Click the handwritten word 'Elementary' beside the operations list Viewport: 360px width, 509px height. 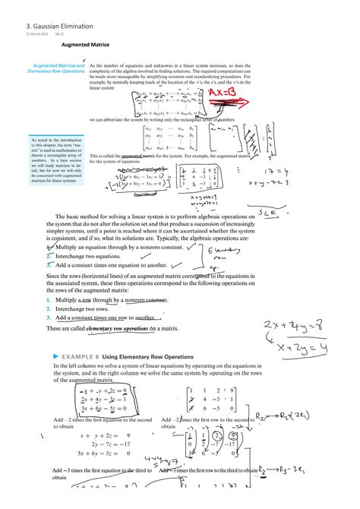[224, 251]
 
